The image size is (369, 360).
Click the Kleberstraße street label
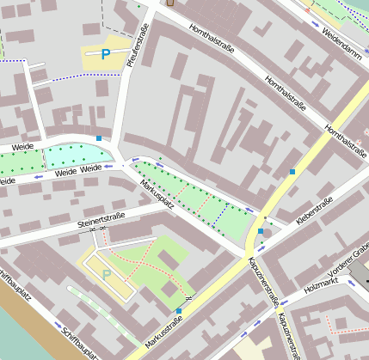[x=314, y=212]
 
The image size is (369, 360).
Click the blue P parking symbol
[x=106, y=54]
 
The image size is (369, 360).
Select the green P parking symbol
[x=107, y=274]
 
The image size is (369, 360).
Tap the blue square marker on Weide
[x=100, y=137]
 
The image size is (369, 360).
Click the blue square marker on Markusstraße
[x=179, y=310]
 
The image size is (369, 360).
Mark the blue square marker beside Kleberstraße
[x=260, y=231]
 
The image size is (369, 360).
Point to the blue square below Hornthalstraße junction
[x=292, y=173]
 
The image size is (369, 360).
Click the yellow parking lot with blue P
[x=107, y=54]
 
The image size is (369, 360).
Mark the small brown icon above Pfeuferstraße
[x=169, y=2]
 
